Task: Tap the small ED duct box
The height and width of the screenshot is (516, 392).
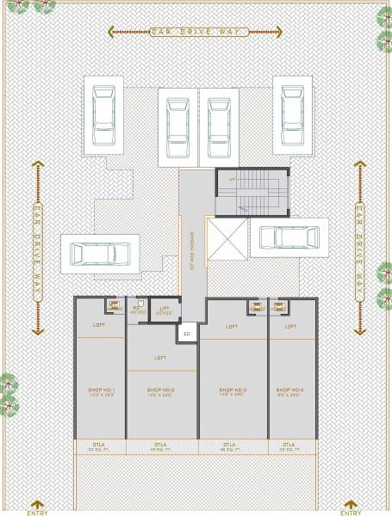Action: click(187, 333)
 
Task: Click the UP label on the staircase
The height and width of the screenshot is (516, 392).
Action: click(231, 179)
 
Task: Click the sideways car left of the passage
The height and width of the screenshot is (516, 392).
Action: click(100, 254)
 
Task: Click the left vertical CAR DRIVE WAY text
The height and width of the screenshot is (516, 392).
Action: click(37, 249)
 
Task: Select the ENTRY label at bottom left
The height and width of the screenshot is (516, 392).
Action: click(37, 512)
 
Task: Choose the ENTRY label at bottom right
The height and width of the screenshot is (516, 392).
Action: click(352, 512)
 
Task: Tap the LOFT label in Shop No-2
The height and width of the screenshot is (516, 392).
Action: click(160, 357)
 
